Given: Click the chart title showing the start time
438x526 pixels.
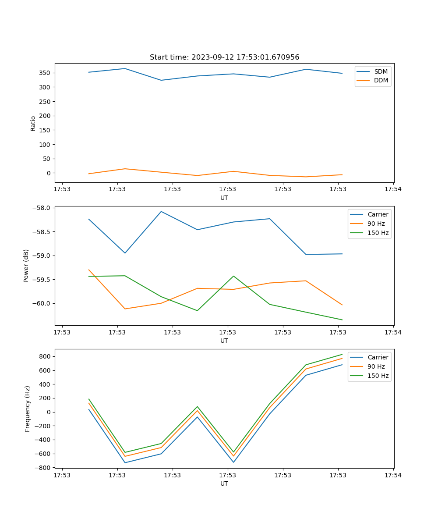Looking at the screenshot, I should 224,57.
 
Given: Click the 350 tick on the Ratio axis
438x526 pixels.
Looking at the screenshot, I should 46,73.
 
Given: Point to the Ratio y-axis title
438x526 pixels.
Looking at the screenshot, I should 33,124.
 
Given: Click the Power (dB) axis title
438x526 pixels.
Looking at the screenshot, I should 26,266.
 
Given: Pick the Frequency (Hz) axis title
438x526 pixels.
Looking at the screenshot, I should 28,409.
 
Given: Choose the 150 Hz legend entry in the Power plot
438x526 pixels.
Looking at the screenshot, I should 378,233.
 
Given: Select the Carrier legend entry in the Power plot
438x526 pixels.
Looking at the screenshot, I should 378,214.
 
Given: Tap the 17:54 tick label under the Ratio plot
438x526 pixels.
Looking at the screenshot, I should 393,189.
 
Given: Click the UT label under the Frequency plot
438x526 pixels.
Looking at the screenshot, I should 224,483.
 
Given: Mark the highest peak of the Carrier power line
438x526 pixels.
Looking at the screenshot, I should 161,211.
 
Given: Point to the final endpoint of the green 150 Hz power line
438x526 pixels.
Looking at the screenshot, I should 342,320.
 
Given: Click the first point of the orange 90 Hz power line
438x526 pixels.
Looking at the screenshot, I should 89,270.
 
